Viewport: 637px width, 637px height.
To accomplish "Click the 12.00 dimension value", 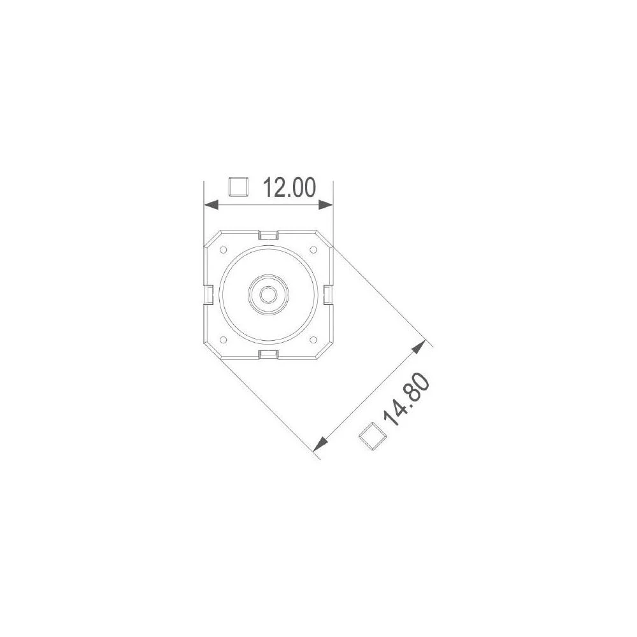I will coord(290,188).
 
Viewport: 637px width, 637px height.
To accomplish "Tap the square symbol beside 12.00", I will coord(238,187).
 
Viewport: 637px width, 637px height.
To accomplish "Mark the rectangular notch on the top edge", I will coord(268,235).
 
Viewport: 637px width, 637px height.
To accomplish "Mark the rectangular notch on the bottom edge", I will coord(268,354).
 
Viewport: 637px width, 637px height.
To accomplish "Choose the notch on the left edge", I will coord(208,294).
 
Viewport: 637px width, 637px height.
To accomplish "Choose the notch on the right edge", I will coord(327,294).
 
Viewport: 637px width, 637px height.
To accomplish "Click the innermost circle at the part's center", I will coord(268,294).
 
